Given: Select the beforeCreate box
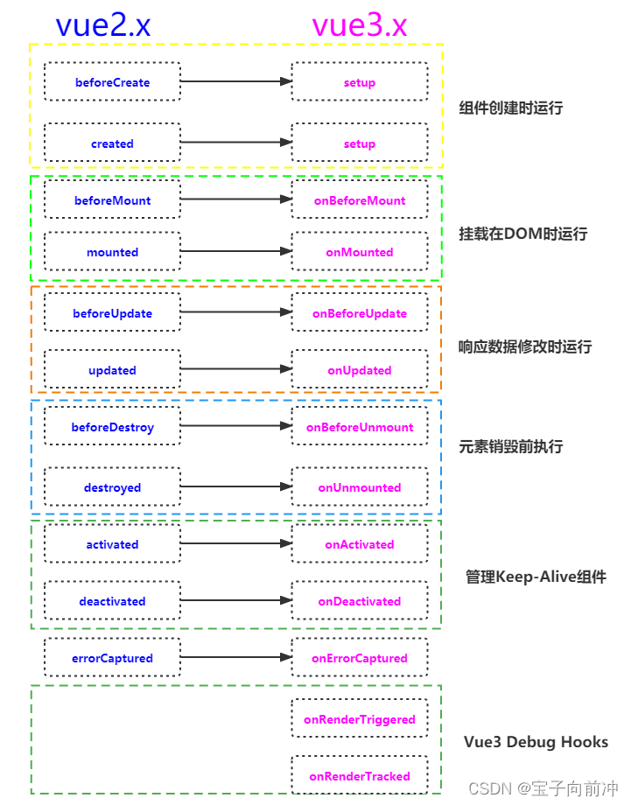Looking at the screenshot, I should pyautogui.click(x=112, y=82).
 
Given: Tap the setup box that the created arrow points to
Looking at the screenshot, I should pyautogui.click(x=360, y=143).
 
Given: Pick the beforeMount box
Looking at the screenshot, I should pyautogui.click(x=112, y=200).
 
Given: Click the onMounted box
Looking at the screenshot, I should pyautogui.click(x=360, y=252).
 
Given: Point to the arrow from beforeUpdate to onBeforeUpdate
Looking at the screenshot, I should pyautogui.click(x=236, y=313).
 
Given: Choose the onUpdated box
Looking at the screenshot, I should pyautogui.click(x=360, y=370).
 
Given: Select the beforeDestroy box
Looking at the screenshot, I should pyautogui.click(x=112, y=427).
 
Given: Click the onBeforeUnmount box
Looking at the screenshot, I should pyautogui.click(x=360, y=427).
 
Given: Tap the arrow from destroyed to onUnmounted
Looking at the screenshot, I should pyautogui.click(x=236, y=487).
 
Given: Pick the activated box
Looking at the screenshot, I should pyautogui.click(x=112, y=544).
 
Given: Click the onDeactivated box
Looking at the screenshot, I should pyautogui.click(x=360, y=601).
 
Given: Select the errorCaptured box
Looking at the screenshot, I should pyautogui.click(x=112, y=658).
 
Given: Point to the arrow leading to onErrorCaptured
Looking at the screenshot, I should pyautogui.click(x=236, y=658).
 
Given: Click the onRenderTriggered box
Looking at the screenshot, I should pyautogui.click(x=360, y=719).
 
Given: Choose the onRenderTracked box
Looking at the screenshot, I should pyautogui.click(x=360, y=775).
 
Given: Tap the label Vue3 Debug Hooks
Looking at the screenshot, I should pyautogui.click(x=536, y=742).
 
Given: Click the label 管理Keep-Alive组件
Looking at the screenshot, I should pyautogui.click(x=536, y=577).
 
